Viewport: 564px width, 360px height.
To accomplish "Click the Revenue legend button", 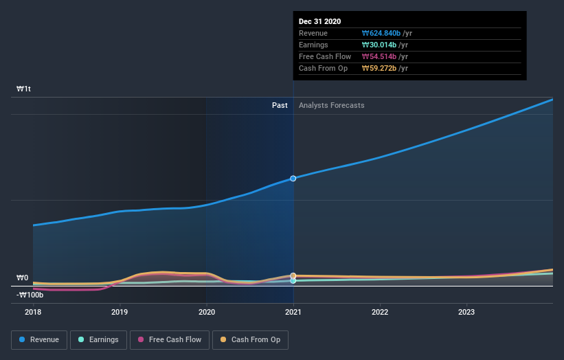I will (x=39, y=339).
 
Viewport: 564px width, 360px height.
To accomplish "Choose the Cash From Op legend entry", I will (x=251, y=339).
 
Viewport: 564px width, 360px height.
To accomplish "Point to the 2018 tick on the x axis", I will (x=33, y=311).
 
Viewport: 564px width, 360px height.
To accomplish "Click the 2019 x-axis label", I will (x=120, y=311).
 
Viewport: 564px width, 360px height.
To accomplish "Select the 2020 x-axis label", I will (x=206, y=311).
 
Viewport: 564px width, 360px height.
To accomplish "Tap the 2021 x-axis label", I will (x=293, y=311).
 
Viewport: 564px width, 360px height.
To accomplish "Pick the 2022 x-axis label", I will (x=380, y=311).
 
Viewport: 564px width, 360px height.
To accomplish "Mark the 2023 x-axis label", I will (x=466, y=311).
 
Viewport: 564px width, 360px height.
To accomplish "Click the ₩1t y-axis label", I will (x=24, y=89).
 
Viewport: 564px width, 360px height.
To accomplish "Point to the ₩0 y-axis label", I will (x=23, y=278).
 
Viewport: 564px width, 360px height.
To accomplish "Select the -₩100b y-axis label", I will (x=30, y=295).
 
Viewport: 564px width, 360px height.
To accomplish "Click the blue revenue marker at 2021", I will (x=293, y=179).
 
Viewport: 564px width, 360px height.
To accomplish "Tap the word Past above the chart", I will (x=280, y=105).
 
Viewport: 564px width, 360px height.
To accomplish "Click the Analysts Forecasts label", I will (x=331, y=105).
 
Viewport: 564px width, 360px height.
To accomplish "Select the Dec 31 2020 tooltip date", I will (x=319, y=22).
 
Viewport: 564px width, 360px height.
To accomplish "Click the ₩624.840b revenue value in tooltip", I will (x=381, y=33).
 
